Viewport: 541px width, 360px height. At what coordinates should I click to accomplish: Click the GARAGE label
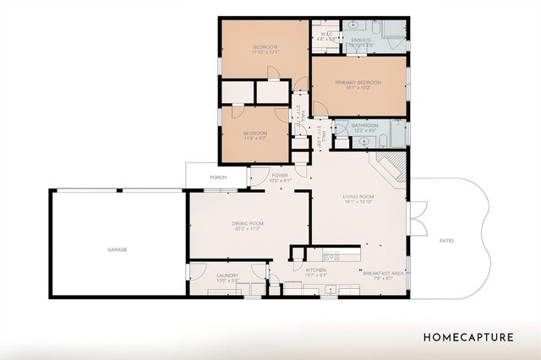point(117,250)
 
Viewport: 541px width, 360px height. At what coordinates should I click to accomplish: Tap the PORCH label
point(218,178)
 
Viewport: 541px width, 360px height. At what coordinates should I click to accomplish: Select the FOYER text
point(279,175)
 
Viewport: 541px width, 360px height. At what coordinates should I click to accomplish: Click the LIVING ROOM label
point(359,196)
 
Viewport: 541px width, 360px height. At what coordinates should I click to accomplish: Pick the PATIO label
point(446,241)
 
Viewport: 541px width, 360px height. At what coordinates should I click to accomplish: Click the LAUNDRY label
point(227,275)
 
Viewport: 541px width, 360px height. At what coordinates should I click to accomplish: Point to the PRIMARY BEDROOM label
point(358,82)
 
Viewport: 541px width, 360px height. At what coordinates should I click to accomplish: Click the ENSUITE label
point(363,35)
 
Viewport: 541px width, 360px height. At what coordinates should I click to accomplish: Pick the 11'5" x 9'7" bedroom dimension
point(255,139)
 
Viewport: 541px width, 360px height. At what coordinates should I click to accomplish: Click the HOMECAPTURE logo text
point(469,337)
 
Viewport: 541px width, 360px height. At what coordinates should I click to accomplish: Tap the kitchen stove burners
point(331,254)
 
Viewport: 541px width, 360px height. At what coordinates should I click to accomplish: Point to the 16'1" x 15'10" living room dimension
point(359,202)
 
